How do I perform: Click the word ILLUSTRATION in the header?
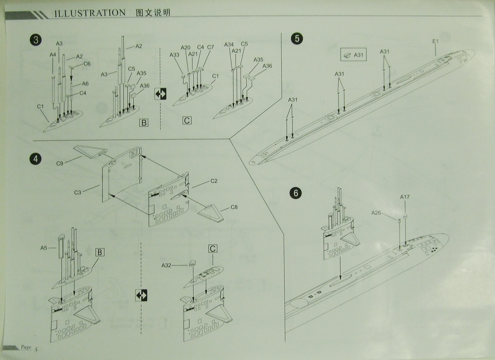[x=90, y=13]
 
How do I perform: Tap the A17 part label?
[x=405, y=197]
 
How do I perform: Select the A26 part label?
[x=376, y=213]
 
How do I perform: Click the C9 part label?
[x=60, y=164]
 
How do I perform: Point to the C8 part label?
[x=234, y=207]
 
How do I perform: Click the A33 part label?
[x=174, y=54]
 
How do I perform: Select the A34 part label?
[x=229, y=45]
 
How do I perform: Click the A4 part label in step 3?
[x=53, y=54]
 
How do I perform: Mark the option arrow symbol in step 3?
[x=160, y=94]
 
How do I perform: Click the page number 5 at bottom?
[x=36, y=350]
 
